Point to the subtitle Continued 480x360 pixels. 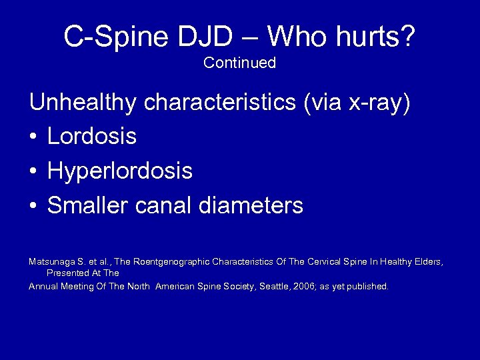coord(239,63)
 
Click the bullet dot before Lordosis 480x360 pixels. coord(33,137)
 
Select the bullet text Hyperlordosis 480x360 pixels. coord(120,172)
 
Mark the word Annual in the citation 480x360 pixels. coord(42,286)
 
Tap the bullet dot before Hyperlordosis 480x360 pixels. coord(33,172)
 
